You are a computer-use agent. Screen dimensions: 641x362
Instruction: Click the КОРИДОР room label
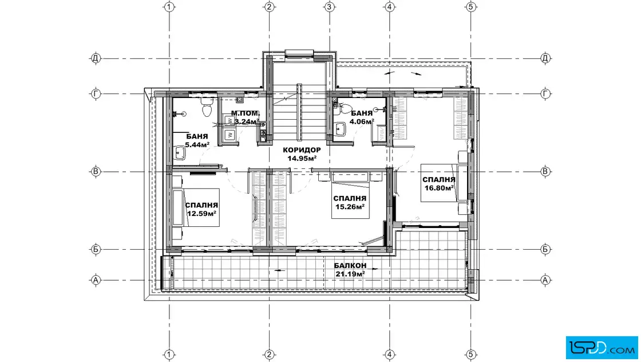(302, 150)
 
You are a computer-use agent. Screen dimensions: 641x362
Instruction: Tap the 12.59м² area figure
(201, 214)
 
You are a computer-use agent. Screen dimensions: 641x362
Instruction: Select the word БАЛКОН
(350, 266)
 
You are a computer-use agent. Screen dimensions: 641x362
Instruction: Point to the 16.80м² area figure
(439, 188)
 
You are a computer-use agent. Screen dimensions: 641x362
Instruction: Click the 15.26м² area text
(350, 207)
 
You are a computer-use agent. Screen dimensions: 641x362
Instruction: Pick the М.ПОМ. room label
(246, 113)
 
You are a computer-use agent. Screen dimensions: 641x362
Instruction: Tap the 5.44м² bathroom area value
(197, 145)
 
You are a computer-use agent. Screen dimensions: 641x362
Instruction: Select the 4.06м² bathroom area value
(362, 121)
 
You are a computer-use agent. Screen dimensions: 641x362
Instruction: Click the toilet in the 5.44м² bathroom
(207, 108)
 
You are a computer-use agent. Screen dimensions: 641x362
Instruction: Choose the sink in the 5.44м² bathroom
(180, 154)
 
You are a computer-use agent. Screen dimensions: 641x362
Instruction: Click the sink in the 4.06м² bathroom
(339, 129)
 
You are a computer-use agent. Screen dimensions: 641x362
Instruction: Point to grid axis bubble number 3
(330, 6)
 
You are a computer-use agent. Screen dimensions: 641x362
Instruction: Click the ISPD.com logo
(602, 348)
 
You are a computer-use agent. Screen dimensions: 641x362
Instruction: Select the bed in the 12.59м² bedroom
(196, 207)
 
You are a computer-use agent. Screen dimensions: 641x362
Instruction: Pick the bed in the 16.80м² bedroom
(439, 183)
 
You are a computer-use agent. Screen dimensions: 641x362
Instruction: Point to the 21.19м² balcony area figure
(350, 274)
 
